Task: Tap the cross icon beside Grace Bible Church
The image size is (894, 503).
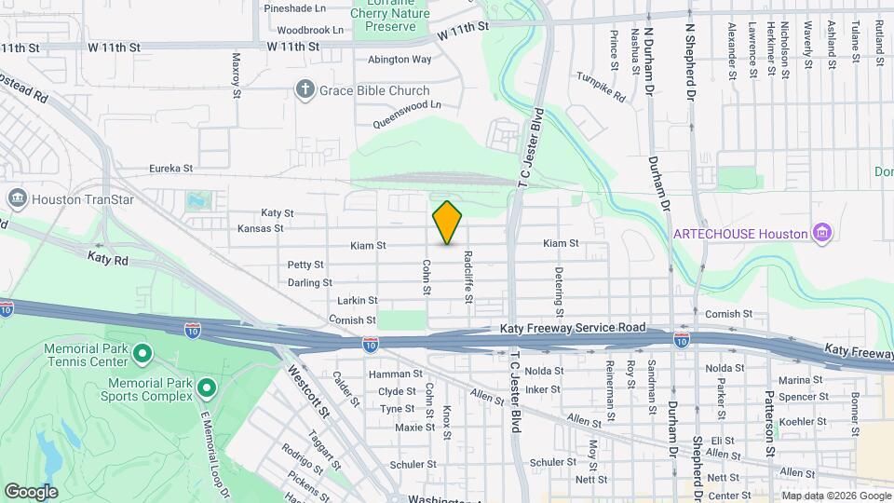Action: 304,90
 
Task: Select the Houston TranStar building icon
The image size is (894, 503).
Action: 16,198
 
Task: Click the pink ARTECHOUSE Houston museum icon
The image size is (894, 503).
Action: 821,231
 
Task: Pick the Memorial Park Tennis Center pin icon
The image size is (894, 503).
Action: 142,353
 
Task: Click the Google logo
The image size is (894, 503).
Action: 31,491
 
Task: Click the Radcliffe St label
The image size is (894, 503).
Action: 468,278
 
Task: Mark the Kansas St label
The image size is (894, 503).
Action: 260,228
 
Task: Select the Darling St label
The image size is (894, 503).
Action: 309,282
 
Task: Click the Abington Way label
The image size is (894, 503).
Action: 400,59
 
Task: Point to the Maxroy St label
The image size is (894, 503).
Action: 237,75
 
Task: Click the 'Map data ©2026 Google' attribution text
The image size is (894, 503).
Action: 835,496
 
